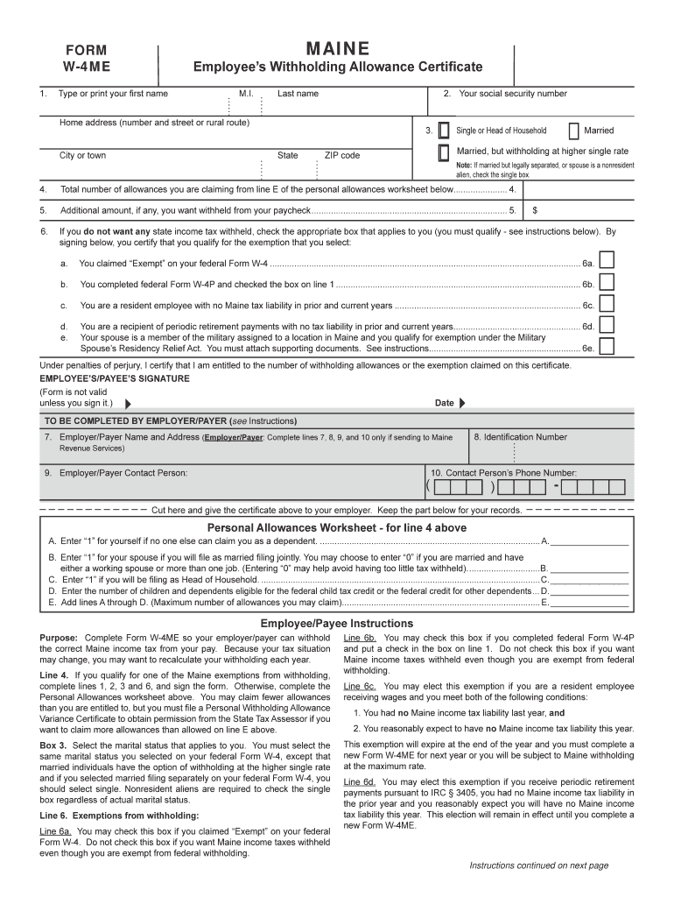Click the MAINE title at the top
(337, 48)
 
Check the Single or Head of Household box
(444, 131)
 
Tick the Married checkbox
(573, 131)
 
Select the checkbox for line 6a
(607, 260)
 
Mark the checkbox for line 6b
(607, 281)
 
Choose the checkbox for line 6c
(607, 303)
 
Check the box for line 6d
(607, 324)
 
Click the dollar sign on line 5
(535, 210)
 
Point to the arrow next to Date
(462, 403)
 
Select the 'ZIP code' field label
(342, 155)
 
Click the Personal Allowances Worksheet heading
(336, 528)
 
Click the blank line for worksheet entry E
(589, 603)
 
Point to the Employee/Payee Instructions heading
(337, 623)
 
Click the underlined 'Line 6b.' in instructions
(360, 638)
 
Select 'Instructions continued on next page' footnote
(538, 865)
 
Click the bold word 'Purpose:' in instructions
(59, 638)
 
